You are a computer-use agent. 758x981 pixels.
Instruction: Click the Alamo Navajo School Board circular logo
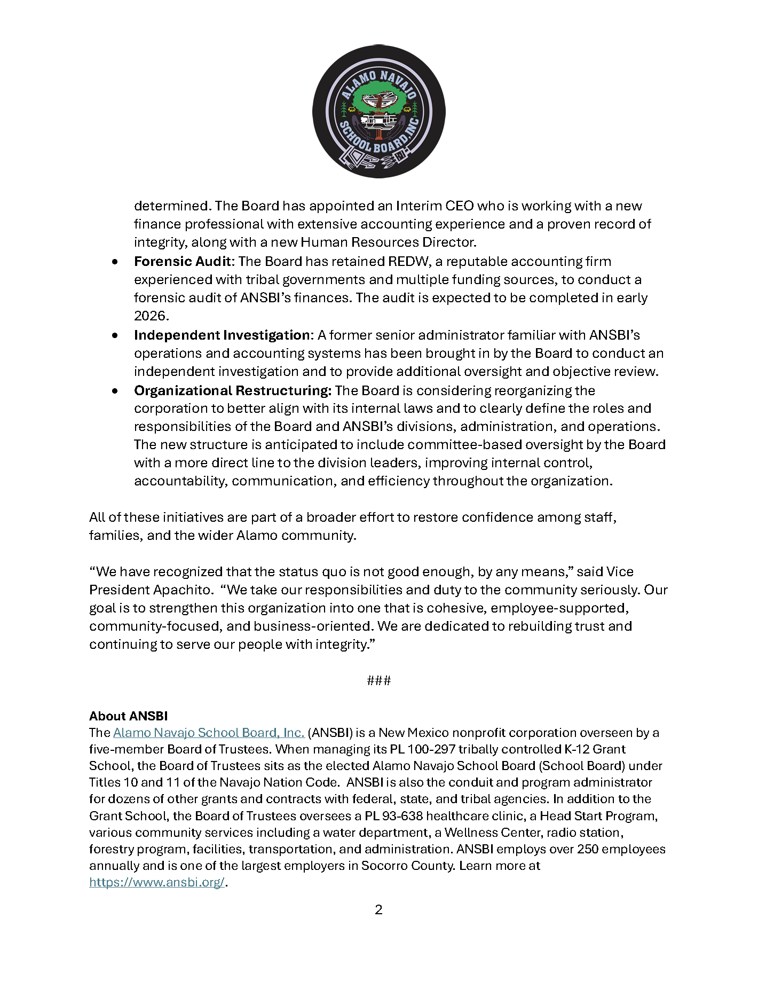point(378,111)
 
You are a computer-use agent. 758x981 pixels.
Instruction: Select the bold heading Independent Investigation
point(222,335)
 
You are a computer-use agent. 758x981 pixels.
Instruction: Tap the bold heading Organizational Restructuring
point(233,391)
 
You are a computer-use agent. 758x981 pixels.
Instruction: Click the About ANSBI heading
point(129,716)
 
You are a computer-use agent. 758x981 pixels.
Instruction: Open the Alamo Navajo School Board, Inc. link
point(208,733)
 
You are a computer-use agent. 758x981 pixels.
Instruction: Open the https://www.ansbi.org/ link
point(156,882)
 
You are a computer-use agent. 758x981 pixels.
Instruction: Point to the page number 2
point(378,910)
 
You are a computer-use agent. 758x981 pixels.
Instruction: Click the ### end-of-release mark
point(378,680)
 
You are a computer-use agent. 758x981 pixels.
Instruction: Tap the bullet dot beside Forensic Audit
point(115,262)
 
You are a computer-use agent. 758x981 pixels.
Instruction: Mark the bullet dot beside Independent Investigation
point(115,336)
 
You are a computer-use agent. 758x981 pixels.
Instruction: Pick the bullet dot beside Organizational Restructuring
point(115,391)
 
